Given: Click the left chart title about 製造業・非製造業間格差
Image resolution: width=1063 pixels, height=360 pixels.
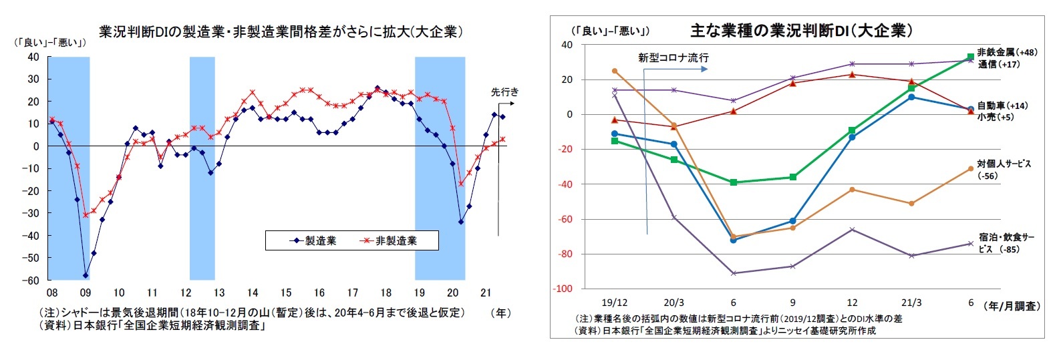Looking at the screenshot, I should pos(281,32).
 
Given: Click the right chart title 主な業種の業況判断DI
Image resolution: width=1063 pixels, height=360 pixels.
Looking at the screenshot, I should pos(801,30).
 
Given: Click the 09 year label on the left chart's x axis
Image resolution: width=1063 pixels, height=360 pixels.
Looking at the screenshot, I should pos(85,293).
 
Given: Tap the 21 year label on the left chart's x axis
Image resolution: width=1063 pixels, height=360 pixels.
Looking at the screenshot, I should pos(486,293).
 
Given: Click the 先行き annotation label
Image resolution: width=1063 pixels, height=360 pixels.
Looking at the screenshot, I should pos(504,92).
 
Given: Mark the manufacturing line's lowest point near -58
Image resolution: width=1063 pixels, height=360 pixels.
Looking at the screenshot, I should pos(86,275).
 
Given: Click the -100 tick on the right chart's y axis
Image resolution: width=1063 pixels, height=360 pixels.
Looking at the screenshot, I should pos(563,289).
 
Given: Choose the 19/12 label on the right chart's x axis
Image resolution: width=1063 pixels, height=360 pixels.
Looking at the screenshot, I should pos(614,303).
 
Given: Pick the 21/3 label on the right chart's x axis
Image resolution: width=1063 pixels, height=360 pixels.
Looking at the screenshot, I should pos(911,303).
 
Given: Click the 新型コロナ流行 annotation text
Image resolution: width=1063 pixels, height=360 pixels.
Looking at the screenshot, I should pos(673,58).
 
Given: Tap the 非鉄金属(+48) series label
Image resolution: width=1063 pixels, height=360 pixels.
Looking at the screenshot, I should pos(1007,52).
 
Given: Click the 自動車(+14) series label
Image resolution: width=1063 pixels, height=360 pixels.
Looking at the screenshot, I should pos(1002,106).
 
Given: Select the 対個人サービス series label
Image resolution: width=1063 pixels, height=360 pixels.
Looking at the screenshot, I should pos(1004,164).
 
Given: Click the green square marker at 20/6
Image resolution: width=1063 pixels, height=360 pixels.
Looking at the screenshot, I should pos(734,182).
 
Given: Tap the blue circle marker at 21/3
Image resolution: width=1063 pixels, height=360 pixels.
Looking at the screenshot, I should pos(911,97).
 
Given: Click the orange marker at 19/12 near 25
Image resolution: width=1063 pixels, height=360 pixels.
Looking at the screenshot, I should pos(615,71).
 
